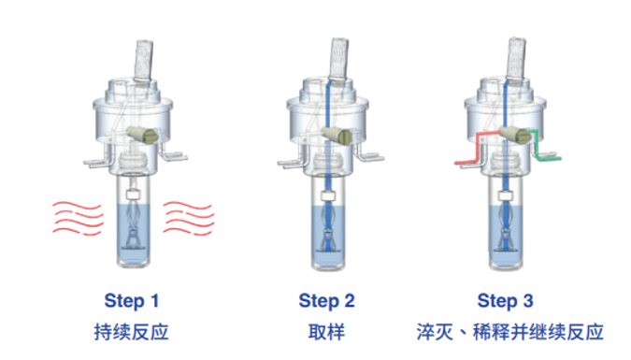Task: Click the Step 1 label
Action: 132,301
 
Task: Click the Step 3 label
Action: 505,301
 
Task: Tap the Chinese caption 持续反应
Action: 132,332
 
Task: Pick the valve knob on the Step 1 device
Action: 147,135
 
